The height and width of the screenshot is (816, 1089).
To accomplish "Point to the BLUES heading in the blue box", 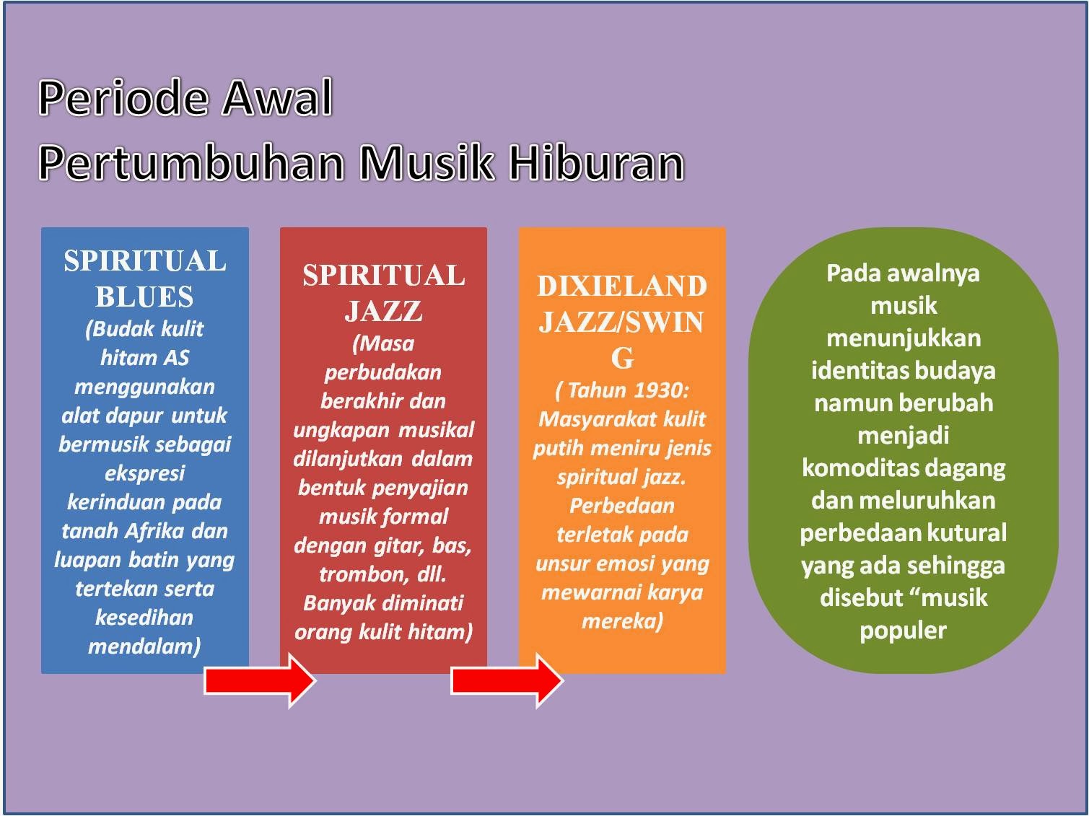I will [144, 297].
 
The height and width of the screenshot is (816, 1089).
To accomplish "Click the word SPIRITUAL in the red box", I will [383, 275].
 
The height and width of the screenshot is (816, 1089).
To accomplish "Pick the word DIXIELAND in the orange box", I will [622, 286].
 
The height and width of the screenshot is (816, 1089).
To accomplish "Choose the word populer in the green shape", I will [903, 630].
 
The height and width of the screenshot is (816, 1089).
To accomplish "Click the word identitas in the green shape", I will [853, 371].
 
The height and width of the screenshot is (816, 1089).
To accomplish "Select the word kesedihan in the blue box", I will [144, 618].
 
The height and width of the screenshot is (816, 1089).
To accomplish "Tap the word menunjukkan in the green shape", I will [903, 338].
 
